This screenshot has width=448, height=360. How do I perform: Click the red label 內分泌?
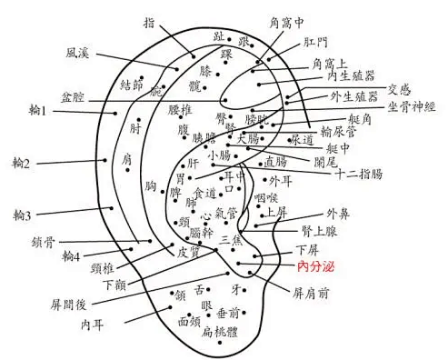click(315, 267)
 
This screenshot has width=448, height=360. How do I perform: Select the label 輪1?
click(39, 111)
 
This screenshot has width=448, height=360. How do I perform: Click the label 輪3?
click(23, 215)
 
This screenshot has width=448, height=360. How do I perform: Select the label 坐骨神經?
click(413, 105)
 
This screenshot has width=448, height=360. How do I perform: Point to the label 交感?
click(399, 89)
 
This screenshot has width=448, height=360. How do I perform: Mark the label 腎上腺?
click(321, 231)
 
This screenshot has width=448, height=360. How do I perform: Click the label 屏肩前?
click(311, 293)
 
